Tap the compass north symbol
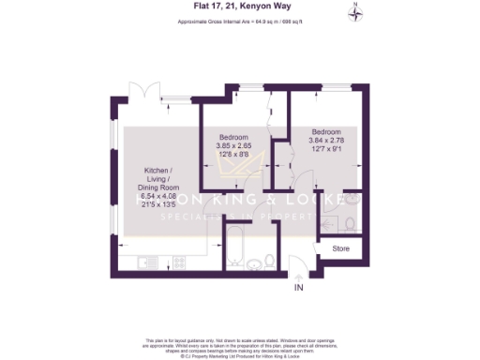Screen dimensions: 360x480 pos(355,12)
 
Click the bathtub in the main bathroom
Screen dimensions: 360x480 pos(235,248)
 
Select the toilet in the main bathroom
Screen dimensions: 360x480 pos(269,260)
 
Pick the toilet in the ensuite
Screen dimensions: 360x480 pos(349,223)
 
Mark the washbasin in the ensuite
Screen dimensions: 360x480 pos(352,199)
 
